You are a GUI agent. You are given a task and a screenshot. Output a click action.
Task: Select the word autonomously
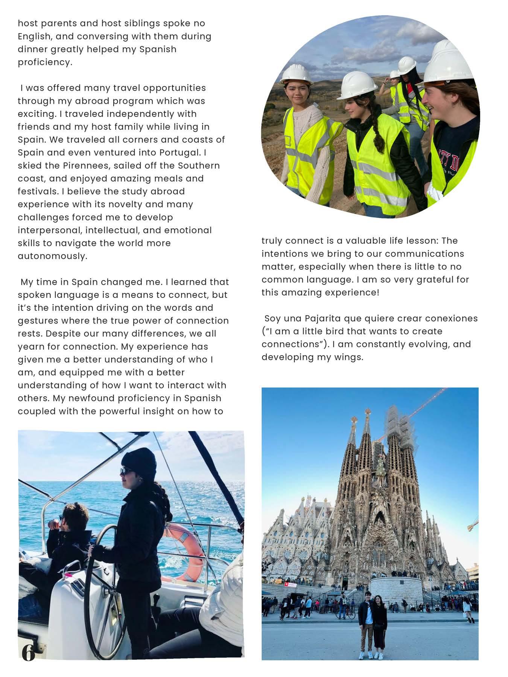click(52, 256)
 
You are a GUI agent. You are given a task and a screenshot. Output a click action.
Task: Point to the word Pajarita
click(322, 318)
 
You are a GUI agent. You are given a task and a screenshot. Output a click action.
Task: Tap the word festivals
click(38, 191)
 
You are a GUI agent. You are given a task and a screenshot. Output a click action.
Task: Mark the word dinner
click(32, 49)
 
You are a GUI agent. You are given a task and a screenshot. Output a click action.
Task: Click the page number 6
click(28, 653)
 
